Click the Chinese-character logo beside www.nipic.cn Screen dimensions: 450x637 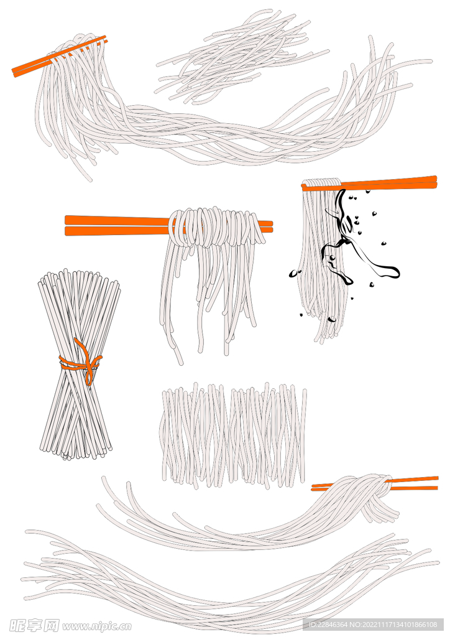coord(34,625)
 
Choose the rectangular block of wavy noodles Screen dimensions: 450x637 coord(234,435)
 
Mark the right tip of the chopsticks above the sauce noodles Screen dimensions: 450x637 coord(436,182)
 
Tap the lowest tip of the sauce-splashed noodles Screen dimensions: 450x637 coord(321,342)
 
